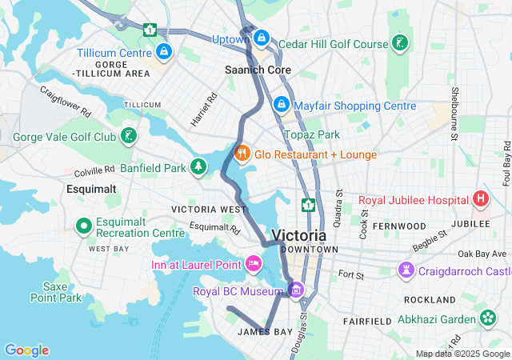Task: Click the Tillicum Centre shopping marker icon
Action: (x=164, y=53)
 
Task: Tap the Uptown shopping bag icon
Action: (x=261, y=38)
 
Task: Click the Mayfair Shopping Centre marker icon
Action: (x=281, y=105)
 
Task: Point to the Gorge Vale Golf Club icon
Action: (x=128, y=136)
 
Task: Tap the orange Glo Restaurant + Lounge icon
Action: (x=240, y=153)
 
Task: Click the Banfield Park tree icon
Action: (x=197, y=167)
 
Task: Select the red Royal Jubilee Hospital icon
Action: (x=480, y=198)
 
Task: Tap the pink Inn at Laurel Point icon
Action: (x=254, y=263)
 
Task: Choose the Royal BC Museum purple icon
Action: (x=297, y=290)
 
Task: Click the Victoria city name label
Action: (x=298, y=236)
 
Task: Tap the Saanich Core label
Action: (x=258, y=70)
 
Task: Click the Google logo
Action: (x=26, y=350)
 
